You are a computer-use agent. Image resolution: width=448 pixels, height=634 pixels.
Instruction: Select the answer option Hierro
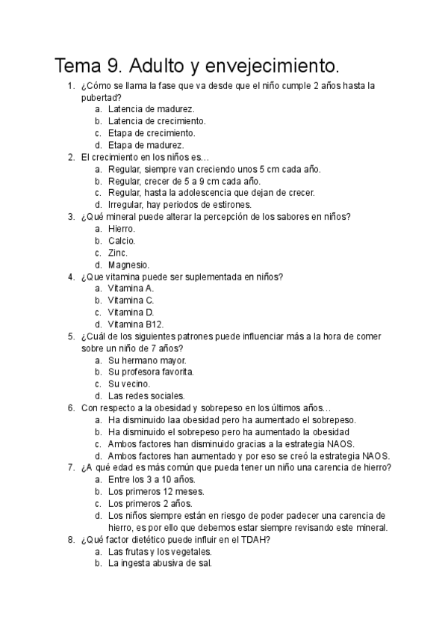121,229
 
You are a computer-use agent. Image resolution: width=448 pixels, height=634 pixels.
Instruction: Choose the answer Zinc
118,253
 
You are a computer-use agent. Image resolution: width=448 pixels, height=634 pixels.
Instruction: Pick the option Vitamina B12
135,324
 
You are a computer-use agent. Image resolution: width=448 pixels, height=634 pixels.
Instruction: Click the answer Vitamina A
131,289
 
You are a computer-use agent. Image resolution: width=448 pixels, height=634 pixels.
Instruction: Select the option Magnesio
128,265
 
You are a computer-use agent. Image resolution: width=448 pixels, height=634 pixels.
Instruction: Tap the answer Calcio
122,241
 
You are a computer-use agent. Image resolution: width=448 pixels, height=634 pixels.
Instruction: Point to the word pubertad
102,97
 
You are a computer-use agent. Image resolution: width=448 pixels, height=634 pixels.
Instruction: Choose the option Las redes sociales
146,396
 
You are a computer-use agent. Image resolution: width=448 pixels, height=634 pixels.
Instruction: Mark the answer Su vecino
128,384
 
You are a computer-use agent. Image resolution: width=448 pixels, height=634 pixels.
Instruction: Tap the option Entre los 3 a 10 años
152,480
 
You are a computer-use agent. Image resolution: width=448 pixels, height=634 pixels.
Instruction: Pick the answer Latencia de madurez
151,109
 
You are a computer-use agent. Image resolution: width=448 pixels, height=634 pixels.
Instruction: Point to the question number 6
70,408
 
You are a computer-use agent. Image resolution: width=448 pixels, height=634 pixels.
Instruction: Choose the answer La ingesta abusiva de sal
160,564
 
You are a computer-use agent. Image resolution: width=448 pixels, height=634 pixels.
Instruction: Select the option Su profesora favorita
151,372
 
